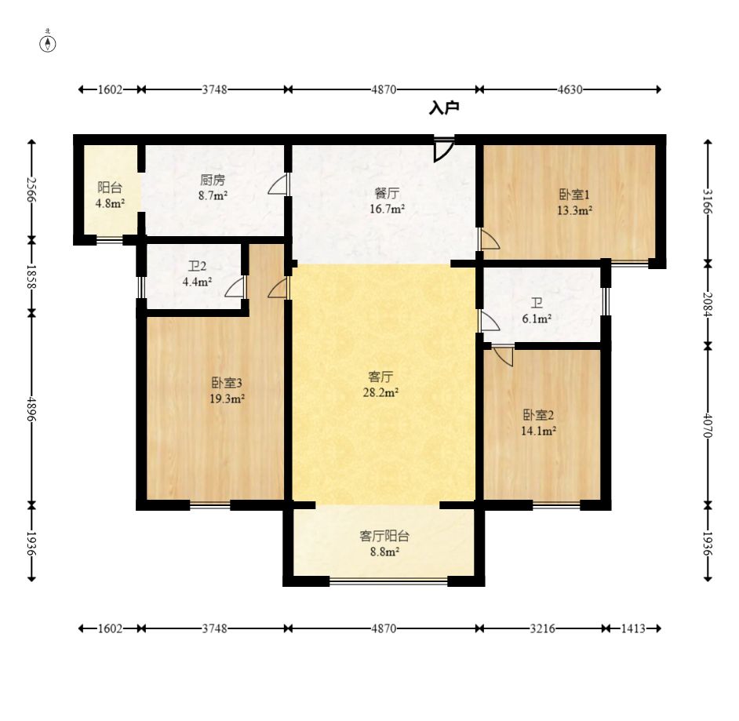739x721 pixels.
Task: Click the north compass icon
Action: (x=48, y=42)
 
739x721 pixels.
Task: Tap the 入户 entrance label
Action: (x=444, y=108)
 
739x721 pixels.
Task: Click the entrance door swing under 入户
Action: (x=443, y=151)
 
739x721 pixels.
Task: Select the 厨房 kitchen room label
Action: (x=213, y=180)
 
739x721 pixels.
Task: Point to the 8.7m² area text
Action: (x=213, y=195)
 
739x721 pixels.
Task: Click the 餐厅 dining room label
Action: (x=387, y=193)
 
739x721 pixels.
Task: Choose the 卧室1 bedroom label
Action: (x=574, y=195)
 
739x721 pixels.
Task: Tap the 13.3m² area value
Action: (x=574, y=210)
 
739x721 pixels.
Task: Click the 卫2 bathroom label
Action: (x=197, y=267)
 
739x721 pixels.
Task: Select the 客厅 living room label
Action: (x=380, y=377)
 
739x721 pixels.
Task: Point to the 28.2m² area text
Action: (x=380, y=392)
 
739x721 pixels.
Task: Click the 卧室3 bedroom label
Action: (x=227, y=383)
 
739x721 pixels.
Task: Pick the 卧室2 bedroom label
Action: (x=538, y=415)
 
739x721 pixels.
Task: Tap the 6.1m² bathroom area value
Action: (x=537, y=319)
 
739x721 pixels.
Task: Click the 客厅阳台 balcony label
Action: (x=384, y=537)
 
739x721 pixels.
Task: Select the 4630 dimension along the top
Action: (x=570, y=89)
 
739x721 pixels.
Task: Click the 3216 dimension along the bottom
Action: (x=542, y=628)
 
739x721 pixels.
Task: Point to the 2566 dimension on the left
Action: (x=31, y=189)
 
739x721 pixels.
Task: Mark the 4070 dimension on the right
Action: (x=708, y=425)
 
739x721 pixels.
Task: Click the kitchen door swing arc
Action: (x=277, y=184)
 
